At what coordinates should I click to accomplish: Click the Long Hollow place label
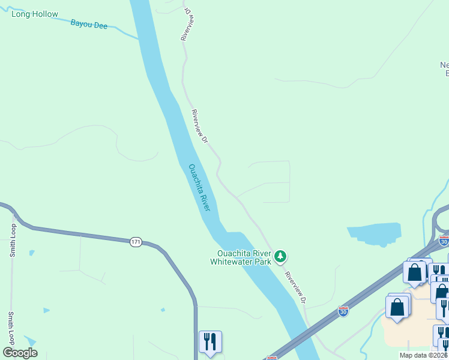pyautogui.click(x=35, y=13)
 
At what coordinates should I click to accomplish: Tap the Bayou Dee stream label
pyautogui.click(x=89, y=25)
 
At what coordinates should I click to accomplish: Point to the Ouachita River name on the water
pyautogui.click(x=199, y=187)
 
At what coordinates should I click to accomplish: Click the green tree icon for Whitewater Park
pyautogui.click(x=280, y=257)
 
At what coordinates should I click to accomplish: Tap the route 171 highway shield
pyautogui.click(x=136, y=241)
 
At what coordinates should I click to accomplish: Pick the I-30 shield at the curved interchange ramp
pyautogui.click(x=444, y=241)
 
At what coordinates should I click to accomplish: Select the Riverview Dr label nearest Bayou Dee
pyautogui.click(x=185, y=24)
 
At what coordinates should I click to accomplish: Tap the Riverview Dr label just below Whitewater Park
pyautogui.click(x=297, y=287)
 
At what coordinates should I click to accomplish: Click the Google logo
pyautogui.click(x=20, y=353)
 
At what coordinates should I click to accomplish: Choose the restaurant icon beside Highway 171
pyautogui.click(x=210, y=342)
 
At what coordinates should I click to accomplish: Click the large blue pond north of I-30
pyautogui.click(x=375, y=233)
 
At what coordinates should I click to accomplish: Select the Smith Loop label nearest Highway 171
pyautogui.click(x=12, y=241)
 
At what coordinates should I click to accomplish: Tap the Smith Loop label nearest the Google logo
pyautogui.click(x=10, y=328)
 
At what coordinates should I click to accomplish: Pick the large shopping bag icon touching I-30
pyautogui.click(x=415, y=272)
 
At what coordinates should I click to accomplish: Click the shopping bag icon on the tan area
pyautogui.click(x=397, y=307)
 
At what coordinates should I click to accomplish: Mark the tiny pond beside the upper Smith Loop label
pyautogui.click(x=31, y=253)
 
